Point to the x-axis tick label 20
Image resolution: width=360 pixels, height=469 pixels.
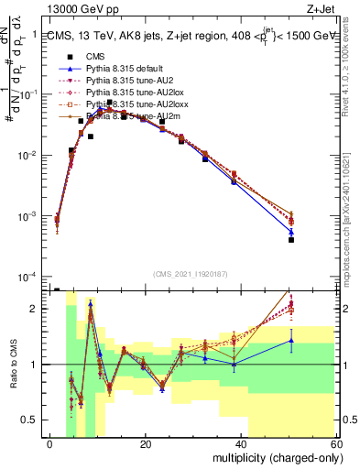coord(146,444)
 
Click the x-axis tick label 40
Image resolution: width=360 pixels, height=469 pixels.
coord(241,444)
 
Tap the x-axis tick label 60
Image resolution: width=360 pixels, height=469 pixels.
coord(336,444)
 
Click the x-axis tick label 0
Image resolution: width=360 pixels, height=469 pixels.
coord(50,444)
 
